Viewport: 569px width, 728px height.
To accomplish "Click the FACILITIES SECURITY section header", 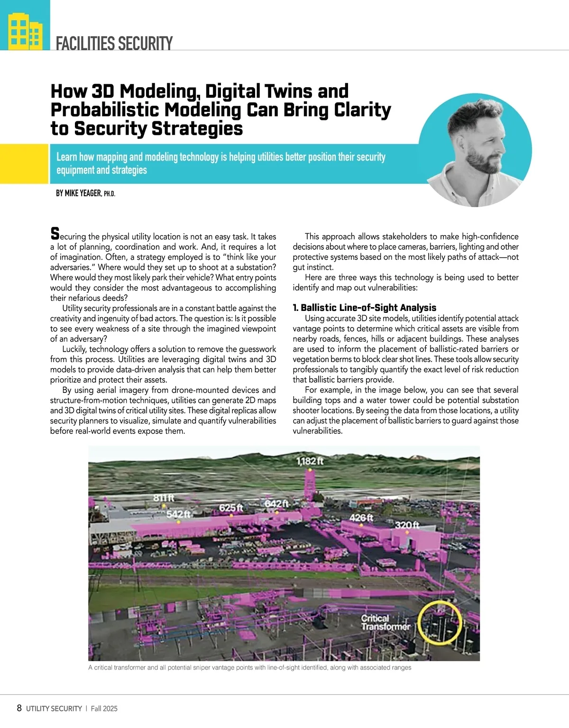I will coord(114,44).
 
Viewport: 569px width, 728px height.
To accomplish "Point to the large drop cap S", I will coord(55,234).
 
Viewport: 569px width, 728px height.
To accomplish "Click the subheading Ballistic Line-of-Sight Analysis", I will coord(364,308).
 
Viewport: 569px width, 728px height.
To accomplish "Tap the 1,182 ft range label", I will coord(310,461).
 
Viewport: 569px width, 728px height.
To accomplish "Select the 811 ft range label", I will coord(164,498).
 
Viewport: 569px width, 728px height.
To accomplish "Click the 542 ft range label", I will coord(178,514).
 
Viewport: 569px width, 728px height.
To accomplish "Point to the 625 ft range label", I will coord(231,508).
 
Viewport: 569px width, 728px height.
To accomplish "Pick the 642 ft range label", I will coord(276,503).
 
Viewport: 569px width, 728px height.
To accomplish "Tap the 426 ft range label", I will coord(361,518).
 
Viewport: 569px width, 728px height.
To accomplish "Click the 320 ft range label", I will coord(407,525).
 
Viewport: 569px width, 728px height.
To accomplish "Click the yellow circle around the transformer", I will coord(440,622).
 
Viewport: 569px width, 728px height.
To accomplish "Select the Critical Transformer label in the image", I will coord(385,622).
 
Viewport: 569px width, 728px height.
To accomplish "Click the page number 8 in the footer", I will coord(19,708).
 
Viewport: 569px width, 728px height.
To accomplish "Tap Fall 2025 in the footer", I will coord(104,709).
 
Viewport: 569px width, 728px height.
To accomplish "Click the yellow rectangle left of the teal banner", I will coord(24,164).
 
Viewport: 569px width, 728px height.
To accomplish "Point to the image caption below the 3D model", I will coord(249,668).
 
